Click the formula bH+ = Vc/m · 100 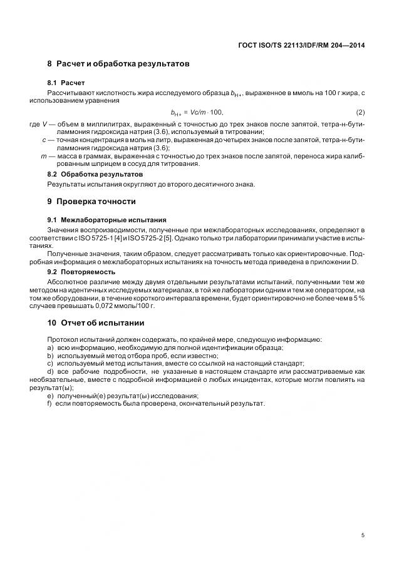(x=197, y=112)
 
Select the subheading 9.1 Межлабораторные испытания (x=106, y=220)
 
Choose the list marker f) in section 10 (x=50, y=403)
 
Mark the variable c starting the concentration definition (x=44, y=140)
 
